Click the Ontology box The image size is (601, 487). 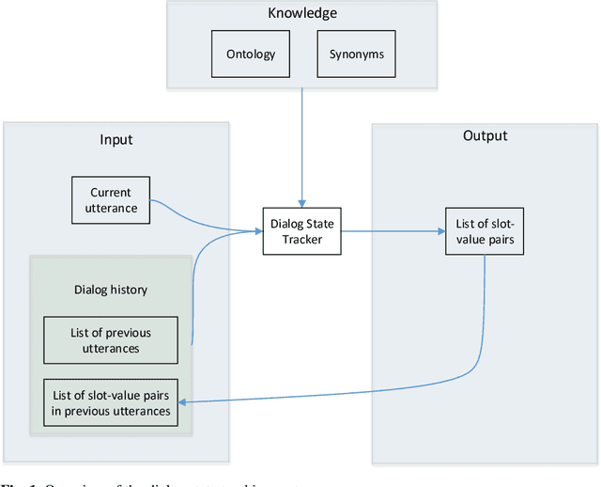tap(251, 54)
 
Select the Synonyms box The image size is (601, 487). tap(355, 54)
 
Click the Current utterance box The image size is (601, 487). tap(111, 199)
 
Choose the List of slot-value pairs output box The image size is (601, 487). tap(484, 231)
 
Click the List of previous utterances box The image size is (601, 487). tap(111, 340)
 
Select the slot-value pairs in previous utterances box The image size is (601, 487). tap(111, 402)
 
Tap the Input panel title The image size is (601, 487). tap(116, 139)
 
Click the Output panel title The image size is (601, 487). tap(485, 135)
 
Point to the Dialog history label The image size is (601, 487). tap(111, 290)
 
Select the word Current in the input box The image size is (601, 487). tap(111, 192)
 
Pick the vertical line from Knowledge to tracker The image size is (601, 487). tap(300, 141)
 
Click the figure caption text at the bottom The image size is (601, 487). tap(141, 482)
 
